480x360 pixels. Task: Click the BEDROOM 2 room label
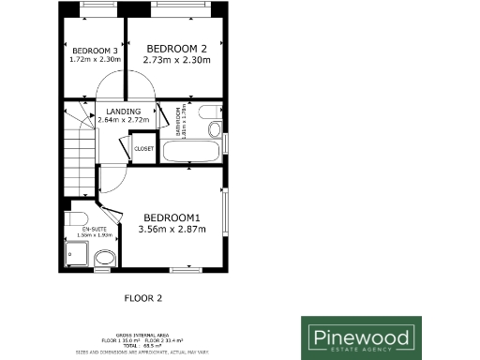(x=176, y=49)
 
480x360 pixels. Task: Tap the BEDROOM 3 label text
(x=95, y=51)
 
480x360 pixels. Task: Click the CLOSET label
(x=143, y=148)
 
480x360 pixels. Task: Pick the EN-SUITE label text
(x=94, y=229)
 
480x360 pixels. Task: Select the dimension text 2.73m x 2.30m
(x=176, y=60)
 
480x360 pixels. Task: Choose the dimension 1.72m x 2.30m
(x=95, y=60)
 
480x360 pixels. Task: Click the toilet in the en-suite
(x=75, y=221)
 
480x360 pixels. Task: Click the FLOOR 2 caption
(x=143, y=298)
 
